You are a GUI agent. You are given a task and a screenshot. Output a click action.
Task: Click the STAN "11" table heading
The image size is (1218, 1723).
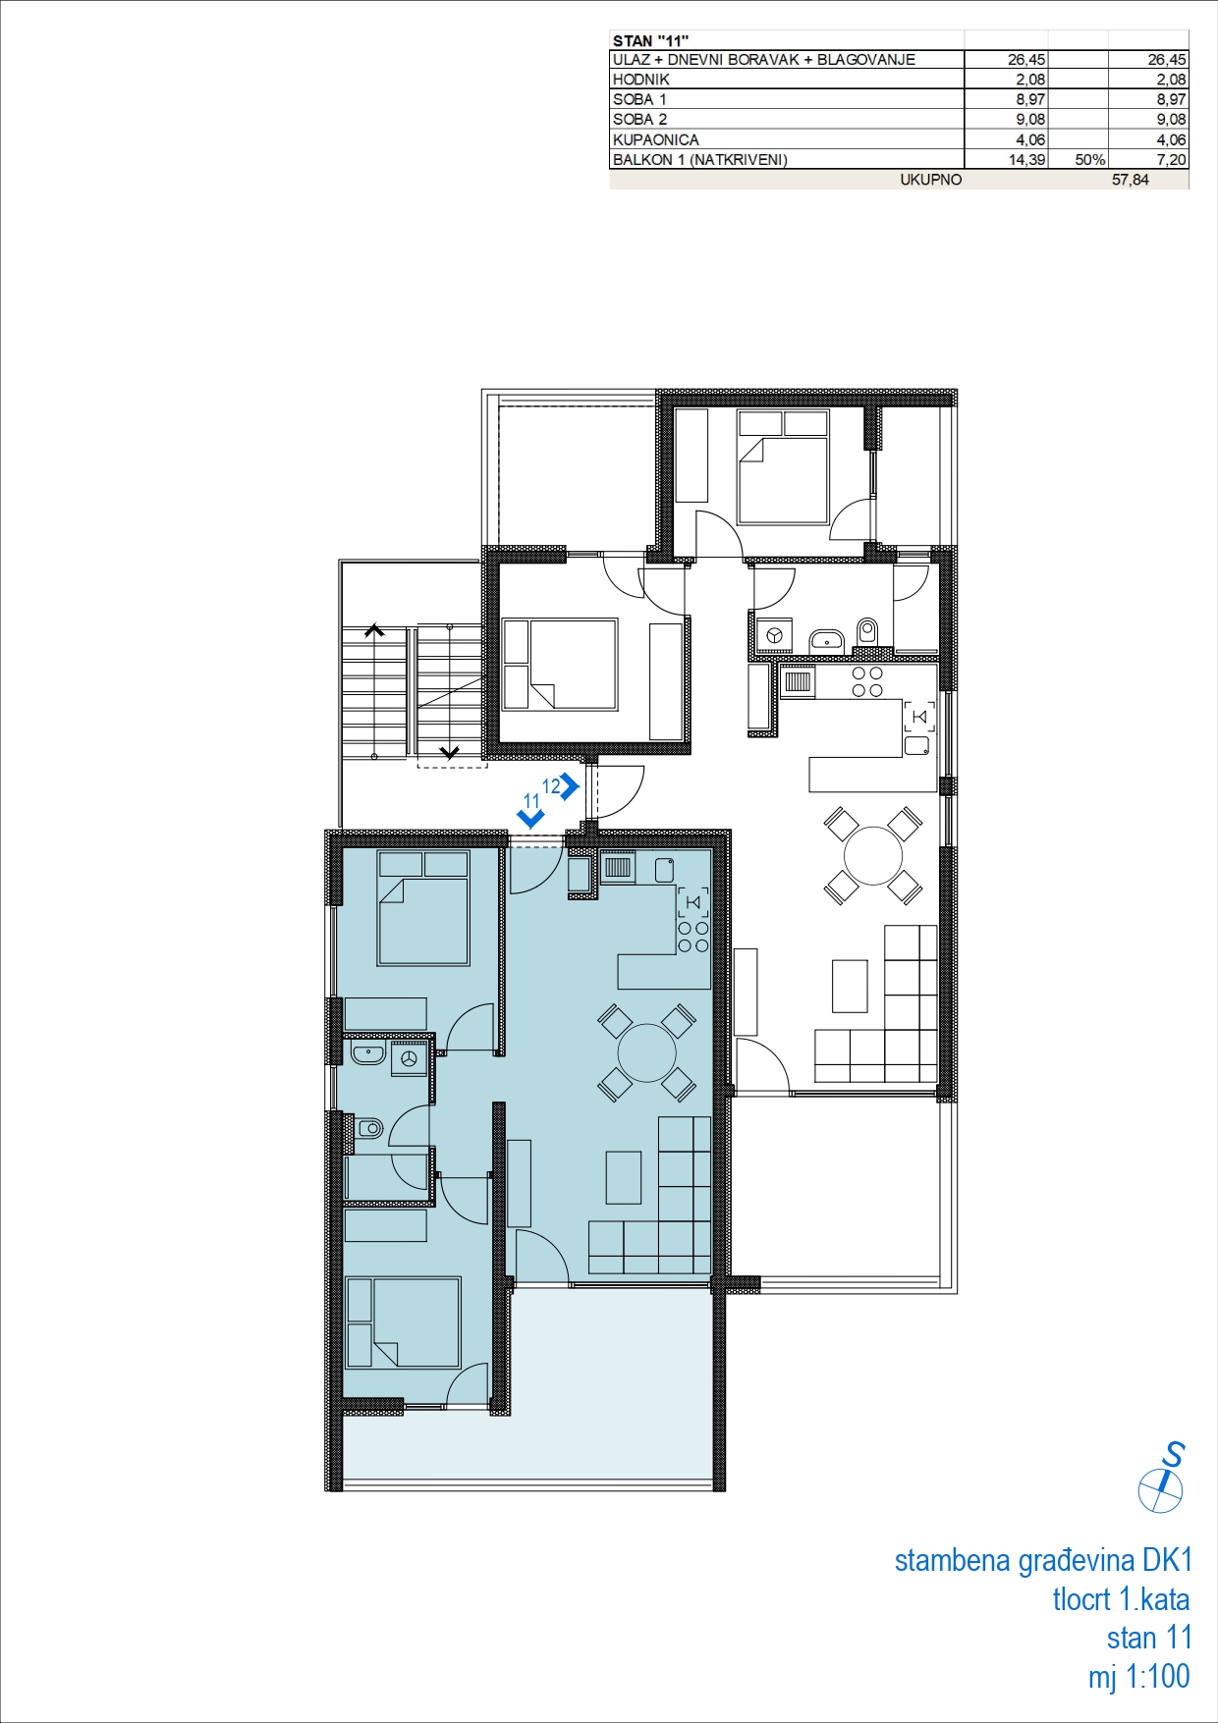coord(650,40)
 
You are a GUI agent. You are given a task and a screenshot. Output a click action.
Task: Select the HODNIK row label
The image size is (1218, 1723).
coord(641,80)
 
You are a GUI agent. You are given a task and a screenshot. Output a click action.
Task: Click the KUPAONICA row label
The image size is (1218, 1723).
coord(656,139)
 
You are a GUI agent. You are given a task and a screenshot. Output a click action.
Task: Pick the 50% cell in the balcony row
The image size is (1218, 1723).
coord(1090,159)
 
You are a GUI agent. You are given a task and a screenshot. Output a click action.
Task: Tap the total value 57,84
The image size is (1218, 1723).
coord(1131,180)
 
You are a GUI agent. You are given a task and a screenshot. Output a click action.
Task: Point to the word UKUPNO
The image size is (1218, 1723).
coord(931,180)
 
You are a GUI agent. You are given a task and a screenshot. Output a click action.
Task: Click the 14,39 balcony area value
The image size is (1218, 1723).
coord(1027,159)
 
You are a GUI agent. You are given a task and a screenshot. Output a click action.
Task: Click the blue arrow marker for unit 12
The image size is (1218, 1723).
coord(571,786)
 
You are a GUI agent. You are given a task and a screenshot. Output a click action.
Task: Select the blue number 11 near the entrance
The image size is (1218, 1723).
coord(531,801)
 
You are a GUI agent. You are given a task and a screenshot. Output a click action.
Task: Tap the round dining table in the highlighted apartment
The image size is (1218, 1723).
coord(647,1052)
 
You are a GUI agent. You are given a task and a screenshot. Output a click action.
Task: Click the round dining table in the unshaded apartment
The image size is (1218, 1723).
coord(873,855)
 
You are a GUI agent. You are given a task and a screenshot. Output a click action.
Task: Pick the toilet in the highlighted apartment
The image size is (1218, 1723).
coord(367,1129)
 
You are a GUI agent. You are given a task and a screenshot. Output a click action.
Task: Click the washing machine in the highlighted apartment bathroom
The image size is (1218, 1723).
coord(410,1058)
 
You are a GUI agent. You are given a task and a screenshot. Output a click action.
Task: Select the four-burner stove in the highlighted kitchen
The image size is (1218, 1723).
coord(692,936)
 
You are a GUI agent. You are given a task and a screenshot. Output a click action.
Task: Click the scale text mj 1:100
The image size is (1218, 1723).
coord(1138,1676)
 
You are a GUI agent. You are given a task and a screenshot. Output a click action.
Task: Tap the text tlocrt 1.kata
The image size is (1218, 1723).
coord(1121,1599)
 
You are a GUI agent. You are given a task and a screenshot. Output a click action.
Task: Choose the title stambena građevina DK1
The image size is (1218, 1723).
coord(1043,1560)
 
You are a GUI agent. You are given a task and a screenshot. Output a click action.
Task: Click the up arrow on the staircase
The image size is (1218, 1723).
coord(373,631)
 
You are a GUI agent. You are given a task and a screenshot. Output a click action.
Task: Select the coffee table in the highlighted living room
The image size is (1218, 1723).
coord(624,1177)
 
